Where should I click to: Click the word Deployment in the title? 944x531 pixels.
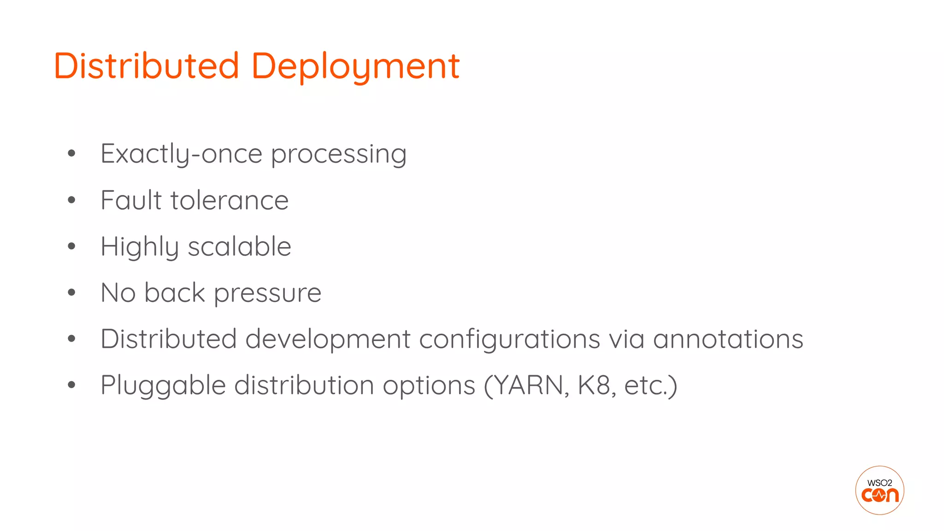pos(355,66)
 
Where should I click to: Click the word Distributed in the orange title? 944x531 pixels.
pos(147,66)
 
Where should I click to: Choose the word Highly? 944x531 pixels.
pos(140,247)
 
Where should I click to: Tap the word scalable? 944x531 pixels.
pos(239,247)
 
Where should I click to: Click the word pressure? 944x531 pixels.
pos(267,294)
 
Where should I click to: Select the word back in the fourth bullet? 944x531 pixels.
pos(175,293)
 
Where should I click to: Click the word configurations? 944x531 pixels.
pos(509,340)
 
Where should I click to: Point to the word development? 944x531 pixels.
pos(328,340)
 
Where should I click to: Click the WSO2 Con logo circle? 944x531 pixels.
pos(879,490)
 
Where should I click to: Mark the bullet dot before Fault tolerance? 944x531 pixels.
pos(71,200)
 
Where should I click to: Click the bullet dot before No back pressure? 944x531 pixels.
pos(71,292)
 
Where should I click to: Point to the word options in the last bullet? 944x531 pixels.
pos(429,386)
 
